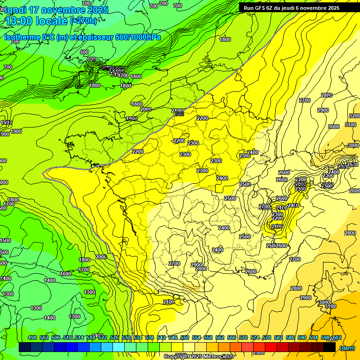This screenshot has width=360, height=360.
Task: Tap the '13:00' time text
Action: pos(19,22)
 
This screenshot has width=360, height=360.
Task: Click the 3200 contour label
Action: pos(354,116)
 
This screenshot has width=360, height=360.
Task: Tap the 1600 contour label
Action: pos(66,274)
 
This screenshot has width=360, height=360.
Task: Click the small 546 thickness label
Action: pos(179,114)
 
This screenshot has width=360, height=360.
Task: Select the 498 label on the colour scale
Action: pos(32,338)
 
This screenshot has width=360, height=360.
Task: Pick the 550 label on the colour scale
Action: pos(185,338)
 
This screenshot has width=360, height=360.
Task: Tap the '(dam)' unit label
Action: pos(347,348)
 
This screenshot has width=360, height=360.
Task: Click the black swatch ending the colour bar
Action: pos(330,347)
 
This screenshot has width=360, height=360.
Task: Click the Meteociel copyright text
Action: pos(199,357)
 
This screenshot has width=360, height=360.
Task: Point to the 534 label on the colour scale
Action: pos(138,338)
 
